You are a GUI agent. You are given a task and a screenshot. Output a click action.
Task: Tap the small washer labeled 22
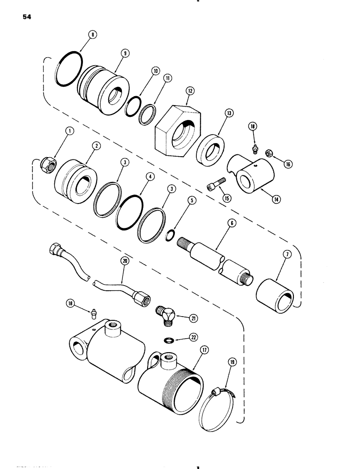coord(167,339)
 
